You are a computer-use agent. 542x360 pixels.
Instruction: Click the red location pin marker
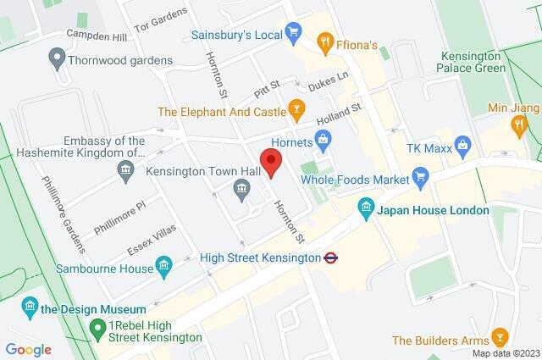pos(270,161)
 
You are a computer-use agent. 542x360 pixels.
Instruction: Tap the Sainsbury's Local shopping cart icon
pos(294,34)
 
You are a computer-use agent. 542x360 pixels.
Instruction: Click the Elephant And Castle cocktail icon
pos(296,108)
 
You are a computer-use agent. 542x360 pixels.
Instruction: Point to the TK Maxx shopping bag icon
pos(462,146)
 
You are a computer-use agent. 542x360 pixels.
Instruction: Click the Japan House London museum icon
pos(366,207)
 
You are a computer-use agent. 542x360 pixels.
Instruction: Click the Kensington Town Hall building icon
pos(241,197)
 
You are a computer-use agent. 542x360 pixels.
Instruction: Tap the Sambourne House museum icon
pos(164,265)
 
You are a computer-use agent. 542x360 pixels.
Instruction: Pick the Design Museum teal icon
pos(30,304)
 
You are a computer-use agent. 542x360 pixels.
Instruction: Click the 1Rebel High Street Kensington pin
pos(98,327)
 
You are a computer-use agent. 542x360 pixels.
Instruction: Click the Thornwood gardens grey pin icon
pos(57,60)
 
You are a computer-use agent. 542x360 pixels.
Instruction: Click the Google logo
pos(28,349)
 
